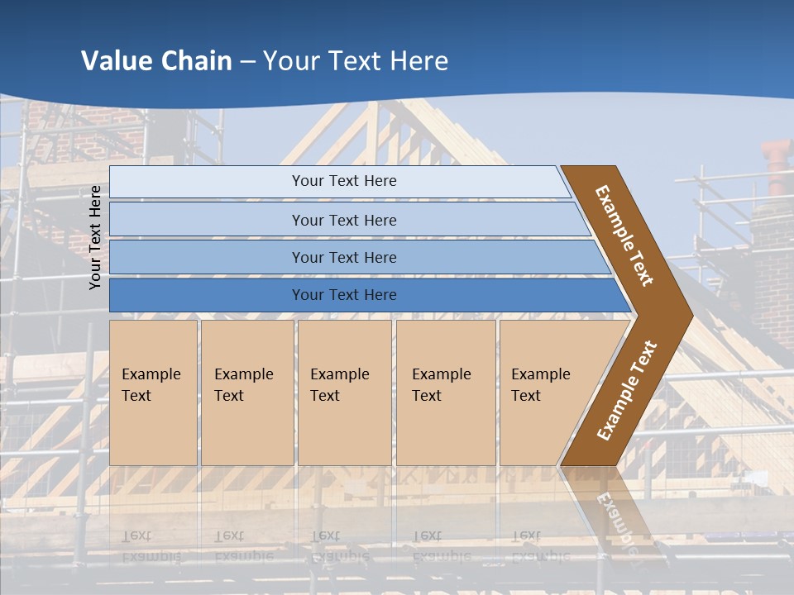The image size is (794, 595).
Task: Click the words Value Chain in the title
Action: tap(156, 60)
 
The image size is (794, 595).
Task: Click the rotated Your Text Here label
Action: tap(95, 237)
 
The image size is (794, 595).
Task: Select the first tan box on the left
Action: tap(153, 393)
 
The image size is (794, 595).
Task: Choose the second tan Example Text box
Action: tap(247, 393)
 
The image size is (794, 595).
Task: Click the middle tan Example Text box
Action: tap(344, 393)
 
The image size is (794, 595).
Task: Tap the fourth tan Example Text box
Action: tap(446, 393)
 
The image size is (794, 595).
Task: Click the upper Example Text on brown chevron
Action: tap(624, 236)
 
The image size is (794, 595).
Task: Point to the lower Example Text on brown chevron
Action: tap(627, 391)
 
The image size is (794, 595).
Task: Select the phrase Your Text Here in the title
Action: tap(356, 60)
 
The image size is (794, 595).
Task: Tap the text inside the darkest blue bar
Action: tap(344, 295)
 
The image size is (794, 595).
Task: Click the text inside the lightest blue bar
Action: tap(344, 181)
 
